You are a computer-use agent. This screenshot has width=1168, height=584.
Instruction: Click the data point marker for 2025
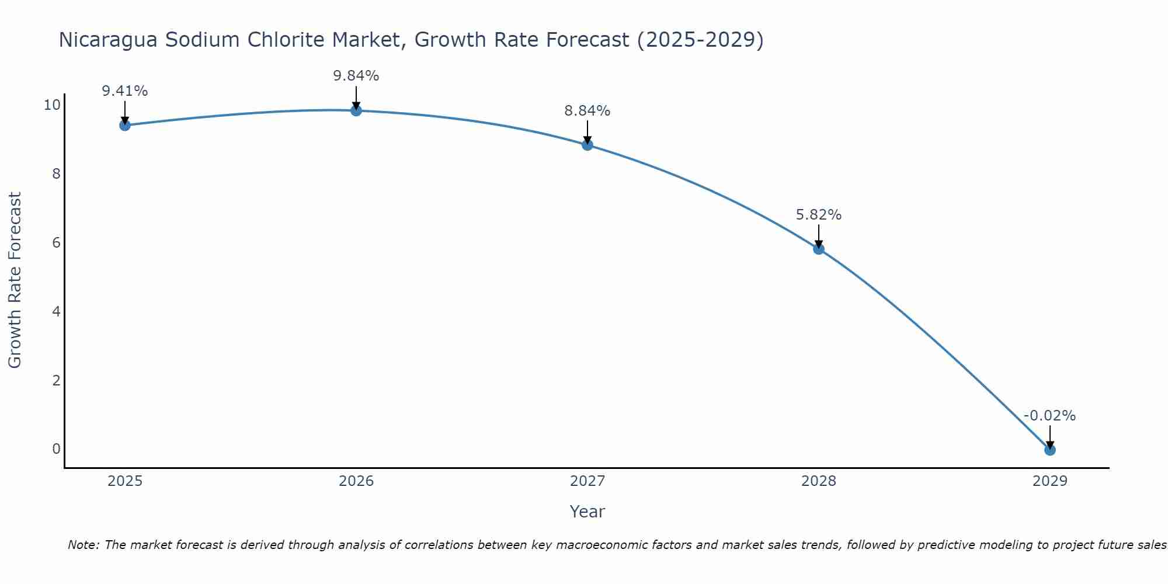pos(124,125)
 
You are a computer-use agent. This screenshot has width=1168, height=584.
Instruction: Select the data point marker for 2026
pos(356,110)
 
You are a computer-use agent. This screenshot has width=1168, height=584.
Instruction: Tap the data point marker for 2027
pos(588,145)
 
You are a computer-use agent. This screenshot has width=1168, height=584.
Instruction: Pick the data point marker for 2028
pos(819,249)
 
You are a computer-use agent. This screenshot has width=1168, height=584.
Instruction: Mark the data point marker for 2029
pos(1050,450)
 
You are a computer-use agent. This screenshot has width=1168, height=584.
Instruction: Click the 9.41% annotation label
pos(124,91)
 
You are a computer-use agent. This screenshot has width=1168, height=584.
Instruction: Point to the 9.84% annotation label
pos(356,76)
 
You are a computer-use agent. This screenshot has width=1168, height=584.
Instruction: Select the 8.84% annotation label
pos(588,111)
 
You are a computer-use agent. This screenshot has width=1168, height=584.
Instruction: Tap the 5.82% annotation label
pos(819,215)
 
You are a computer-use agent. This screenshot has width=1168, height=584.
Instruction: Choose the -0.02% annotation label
pos(1049,416)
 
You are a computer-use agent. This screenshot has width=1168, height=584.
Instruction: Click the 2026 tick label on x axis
pos(356,481)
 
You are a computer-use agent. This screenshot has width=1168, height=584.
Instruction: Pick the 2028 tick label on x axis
pos(819,481)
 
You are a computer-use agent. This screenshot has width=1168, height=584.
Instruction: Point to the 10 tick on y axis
pos(52,105)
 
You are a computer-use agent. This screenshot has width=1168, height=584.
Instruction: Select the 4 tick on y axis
pos(56,311)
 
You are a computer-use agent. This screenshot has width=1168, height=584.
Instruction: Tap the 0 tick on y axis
pos(56,449)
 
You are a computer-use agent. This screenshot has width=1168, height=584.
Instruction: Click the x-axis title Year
pos(587,512)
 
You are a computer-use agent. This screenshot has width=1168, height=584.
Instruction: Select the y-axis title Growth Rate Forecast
pos(15,280)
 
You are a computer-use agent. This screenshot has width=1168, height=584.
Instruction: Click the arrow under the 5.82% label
pos(819,235)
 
